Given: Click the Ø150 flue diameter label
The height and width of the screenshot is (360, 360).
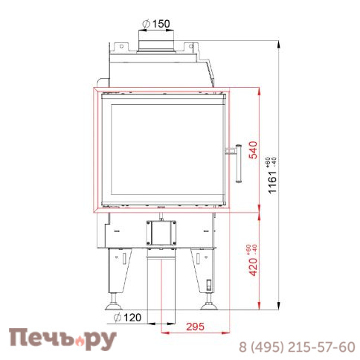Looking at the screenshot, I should click(156, 24).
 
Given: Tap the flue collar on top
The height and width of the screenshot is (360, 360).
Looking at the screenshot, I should click(156, 45).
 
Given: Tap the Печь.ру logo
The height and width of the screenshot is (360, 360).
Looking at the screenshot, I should click(62, 340).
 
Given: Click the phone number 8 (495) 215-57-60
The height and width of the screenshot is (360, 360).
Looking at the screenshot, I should click(296, 347).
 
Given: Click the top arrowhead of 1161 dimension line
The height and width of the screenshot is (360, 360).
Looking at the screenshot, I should click(279, 36).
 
